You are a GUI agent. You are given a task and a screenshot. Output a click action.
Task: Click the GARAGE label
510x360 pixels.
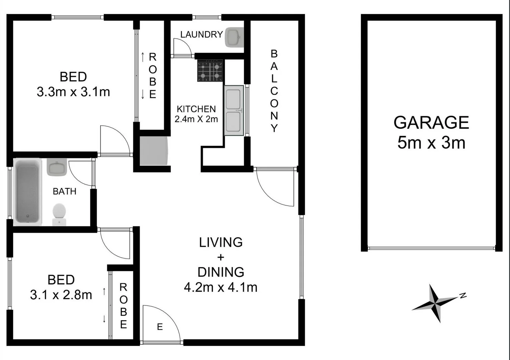pyautogui.click(x=431, y=123)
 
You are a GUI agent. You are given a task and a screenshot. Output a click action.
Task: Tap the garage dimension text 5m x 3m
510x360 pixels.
pyautogui.click(x=431, y=143)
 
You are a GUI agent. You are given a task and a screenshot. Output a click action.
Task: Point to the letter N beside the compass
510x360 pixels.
pyautogui.click(x=463, y=295)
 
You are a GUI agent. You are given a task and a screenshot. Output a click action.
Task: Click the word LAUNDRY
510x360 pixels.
pyautogui.click(x=201, y=34)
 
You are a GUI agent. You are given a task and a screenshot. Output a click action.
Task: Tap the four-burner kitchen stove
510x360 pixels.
pyautogui.click(x=210, y=71)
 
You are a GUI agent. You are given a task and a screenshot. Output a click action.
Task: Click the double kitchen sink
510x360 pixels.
pyautogui.click(x=233, y=110)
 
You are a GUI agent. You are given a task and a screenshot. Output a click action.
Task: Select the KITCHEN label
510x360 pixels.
pyautogui.click(x=196, y=109)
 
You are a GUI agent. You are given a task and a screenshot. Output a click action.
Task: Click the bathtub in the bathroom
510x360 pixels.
pyautogui.click(x=27, y=192)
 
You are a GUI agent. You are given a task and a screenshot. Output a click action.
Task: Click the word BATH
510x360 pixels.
pyautogui.click(x=64, y=191)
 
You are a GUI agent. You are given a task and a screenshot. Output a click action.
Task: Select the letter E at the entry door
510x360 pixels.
pyautogui.click(x=160, y=327)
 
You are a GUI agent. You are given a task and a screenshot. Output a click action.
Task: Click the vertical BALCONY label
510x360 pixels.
pyautogui.click(x=274, y=91)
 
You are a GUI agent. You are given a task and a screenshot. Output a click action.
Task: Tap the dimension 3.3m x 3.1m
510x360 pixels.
pyautogui.click(x=73, y=92)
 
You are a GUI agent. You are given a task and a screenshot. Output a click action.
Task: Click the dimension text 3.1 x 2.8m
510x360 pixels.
pyautogui.click(x=61, y=295)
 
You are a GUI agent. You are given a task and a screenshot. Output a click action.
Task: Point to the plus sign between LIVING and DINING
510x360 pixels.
pyautogui.click(x=220, y=257)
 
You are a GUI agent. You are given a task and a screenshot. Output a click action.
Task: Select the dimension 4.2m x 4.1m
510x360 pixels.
pyautogui.click(x=220, y=287)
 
